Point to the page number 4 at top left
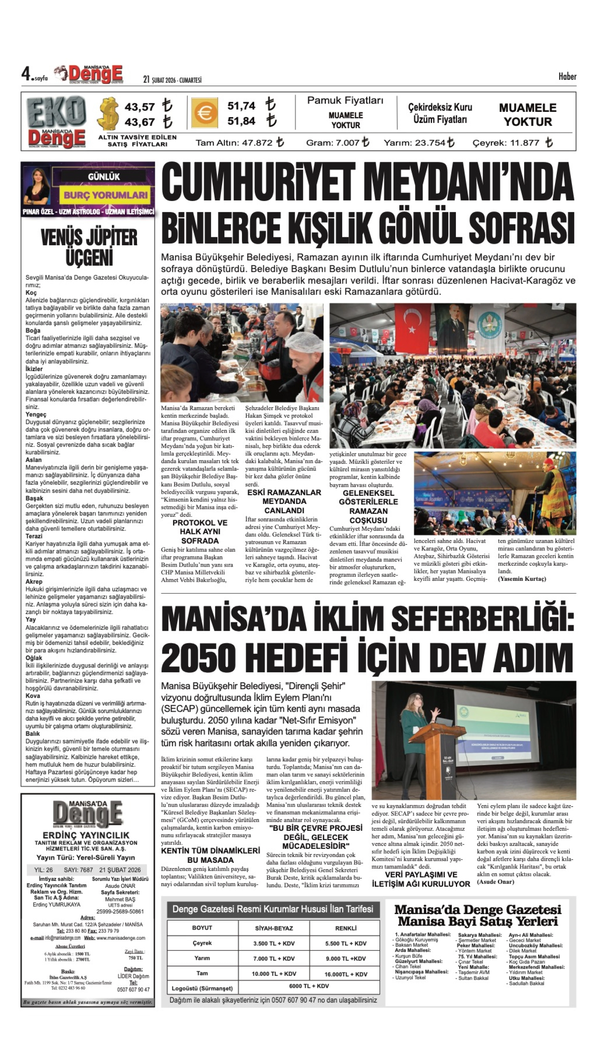pos(27,74)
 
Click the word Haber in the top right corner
pos(567,77)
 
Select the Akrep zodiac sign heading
pos(34,582)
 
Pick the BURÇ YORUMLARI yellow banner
pos(105,195)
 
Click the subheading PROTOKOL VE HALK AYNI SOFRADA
pos(200,532)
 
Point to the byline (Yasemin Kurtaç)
pos(522,579)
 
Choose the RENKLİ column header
pos(345,928)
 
